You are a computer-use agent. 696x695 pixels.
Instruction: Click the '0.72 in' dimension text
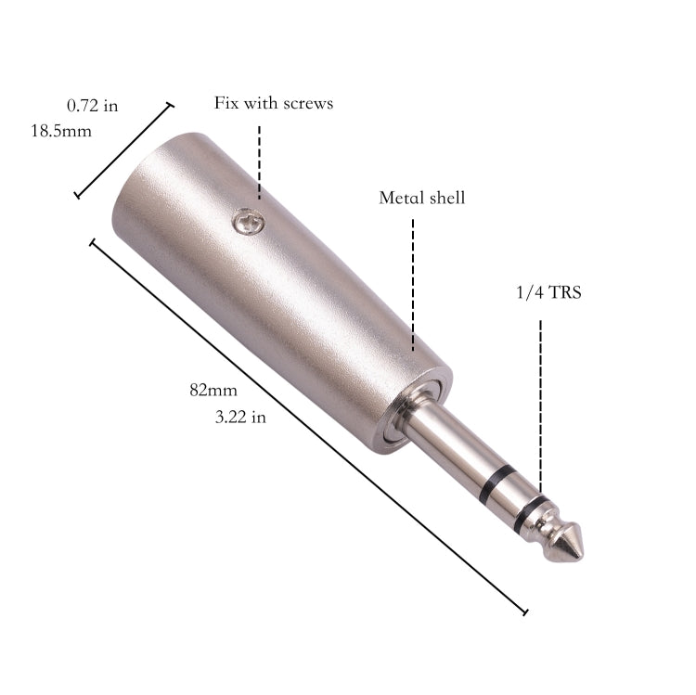tap(93, 106)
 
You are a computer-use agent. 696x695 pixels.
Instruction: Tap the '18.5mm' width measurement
tap(61, 131)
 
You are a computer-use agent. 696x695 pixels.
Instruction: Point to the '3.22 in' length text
tap(240, 418)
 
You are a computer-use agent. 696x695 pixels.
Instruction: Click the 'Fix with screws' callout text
tap(274, 103)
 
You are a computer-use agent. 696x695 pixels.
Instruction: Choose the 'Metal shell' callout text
tap(422, 198)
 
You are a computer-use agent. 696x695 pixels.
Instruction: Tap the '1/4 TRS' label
tap(549, 293)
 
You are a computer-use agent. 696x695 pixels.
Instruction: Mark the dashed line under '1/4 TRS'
tap(539, 399)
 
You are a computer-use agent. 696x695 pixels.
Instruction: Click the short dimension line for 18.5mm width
tap(123, 150)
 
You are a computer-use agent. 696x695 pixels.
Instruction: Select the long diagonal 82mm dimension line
tap(306, 427)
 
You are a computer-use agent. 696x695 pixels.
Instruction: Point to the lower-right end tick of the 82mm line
tap(525, 612)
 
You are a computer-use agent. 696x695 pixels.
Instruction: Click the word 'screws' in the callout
tap(307, 103)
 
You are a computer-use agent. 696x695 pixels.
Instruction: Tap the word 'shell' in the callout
tap(445, 198)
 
